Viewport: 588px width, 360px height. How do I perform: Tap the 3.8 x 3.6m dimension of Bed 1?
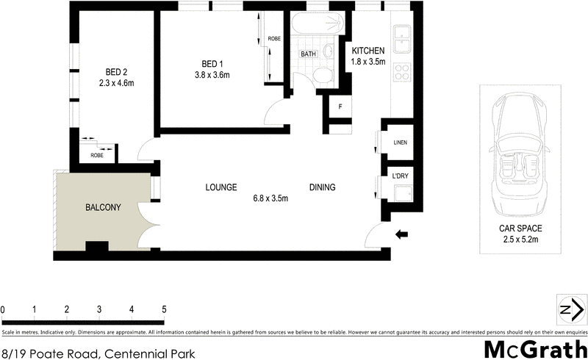coord(212,75)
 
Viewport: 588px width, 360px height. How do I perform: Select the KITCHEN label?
coord(367,51)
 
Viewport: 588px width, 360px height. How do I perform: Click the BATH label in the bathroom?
coord(308,54)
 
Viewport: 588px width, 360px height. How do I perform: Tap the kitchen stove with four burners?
coord(403,72)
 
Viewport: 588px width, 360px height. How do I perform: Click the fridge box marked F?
coord(340,107)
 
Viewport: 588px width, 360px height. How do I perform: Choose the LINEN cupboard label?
coord(400,143)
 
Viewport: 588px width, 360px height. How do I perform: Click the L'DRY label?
coord(400,176)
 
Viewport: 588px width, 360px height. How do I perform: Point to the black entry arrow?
coord(401,234)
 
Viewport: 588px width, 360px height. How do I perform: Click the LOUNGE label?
coord(220,187)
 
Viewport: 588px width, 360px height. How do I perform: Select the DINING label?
coord(322,187)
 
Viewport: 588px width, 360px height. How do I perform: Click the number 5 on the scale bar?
coord(165,309)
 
